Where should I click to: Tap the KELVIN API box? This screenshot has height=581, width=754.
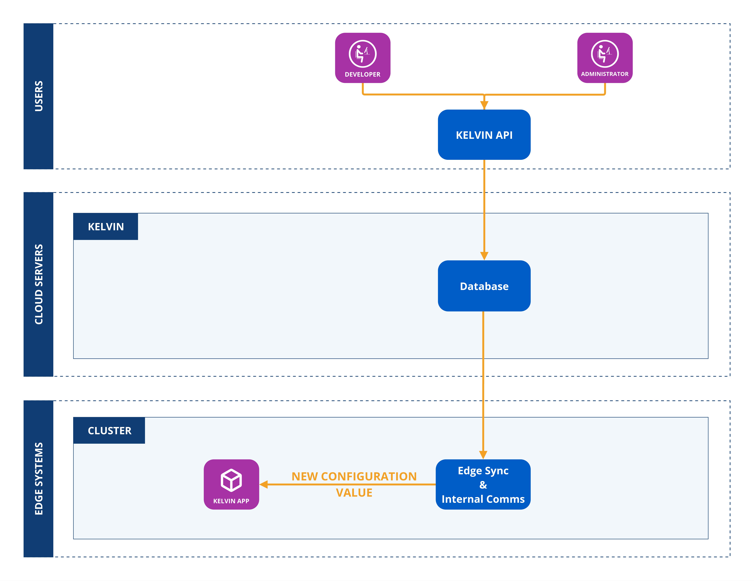484,135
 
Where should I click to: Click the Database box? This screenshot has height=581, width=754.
484,286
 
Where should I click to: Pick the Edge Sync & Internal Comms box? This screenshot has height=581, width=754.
483,484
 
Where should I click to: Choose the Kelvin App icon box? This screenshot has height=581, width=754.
231,484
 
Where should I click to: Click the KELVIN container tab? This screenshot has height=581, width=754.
106,227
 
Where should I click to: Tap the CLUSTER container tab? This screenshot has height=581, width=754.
109,431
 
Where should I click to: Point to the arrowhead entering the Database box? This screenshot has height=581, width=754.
484,256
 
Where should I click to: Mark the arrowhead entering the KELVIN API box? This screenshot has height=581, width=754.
484,105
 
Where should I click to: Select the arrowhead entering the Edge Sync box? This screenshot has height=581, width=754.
483,455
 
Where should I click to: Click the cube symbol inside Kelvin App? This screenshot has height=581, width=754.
231,480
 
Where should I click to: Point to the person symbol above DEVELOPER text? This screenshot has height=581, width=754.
363,54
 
